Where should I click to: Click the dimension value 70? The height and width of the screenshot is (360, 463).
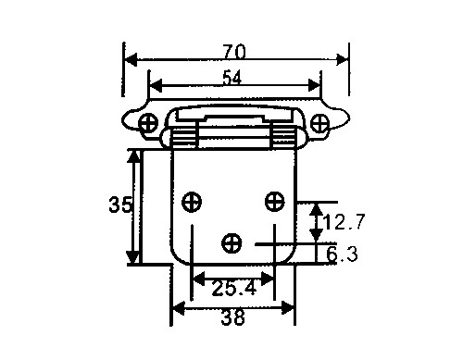[x=234, y=52]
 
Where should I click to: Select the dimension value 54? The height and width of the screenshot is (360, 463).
[x=232, y=78]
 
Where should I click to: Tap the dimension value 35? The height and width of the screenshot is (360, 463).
[x=120, y=205]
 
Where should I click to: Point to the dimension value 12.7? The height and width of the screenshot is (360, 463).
[x=344, y=221]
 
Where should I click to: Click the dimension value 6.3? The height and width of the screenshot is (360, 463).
[x=342, y=254]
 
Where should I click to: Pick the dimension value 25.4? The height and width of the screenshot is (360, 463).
[x=234, y=289]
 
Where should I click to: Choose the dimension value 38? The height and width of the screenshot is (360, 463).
[x=233, y=317]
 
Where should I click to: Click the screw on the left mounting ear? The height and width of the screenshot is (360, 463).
[x=148, y=123]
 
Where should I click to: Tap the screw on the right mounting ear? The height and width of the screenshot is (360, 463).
[x=319, y=123]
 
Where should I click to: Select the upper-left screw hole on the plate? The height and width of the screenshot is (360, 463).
[x=192, y=202]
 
